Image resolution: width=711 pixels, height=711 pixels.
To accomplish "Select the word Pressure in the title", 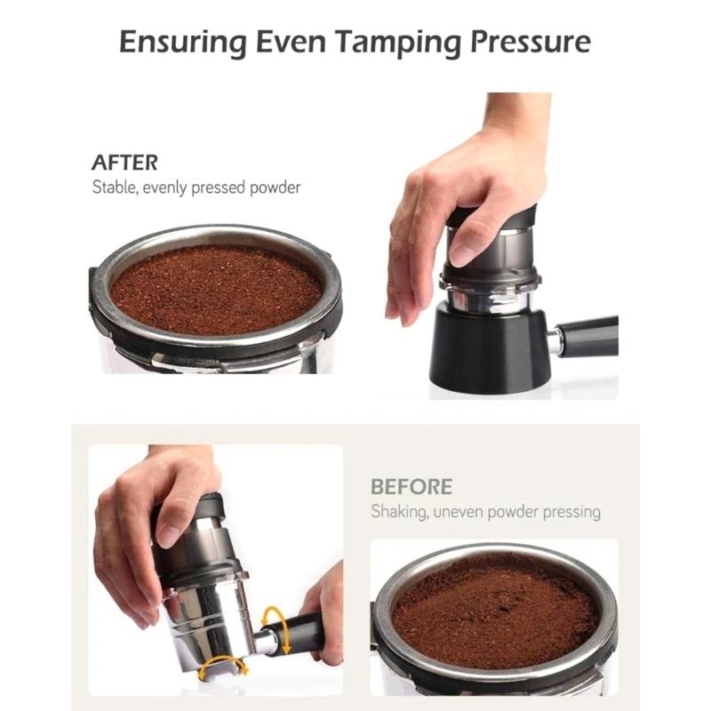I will tap(533, 42).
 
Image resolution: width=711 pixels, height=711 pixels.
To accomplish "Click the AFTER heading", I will tap(124, 163).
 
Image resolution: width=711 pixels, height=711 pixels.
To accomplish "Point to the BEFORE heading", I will tap(411, 487).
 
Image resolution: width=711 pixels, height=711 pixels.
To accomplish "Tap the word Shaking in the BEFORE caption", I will tap(397, 512).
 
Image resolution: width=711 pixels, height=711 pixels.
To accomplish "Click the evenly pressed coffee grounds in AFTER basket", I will tap(216, 289).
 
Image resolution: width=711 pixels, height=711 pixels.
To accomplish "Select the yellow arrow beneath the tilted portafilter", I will tap(221, 667).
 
